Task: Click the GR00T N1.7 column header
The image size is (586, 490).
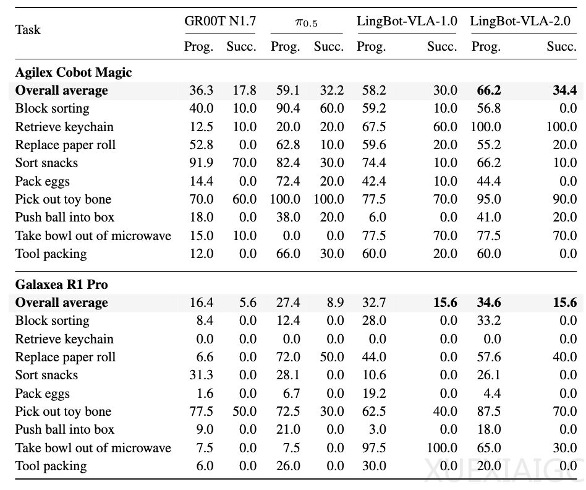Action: pyautogui.click(x=220, y=20)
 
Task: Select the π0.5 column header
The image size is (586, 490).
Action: pyautogui.click(x=307, y=22)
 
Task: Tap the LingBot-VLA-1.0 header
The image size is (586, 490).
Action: pyautogui.click(x=407, y=21)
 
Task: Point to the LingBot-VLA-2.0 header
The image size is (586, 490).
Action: pyautogui.click(x=520, y=21)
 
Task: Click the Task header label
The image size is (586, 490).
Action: pyautogui.click(x=28, y=30)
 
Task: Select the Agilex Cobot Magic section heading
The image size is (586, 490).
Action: pyautogui.click(x=74, y=72)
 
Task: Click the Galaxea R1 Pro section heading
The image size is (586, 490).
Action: pyautogui.click(x=62, y=284)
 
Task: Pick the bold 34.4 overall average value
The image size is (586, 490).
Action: pyautogui.click(x=565, y=90)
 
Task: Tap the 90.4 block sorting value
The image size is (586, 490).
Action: pyautogui.click(x=288, y=108)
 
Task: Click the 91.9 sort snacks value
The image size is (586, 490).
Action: pyautogui.click(x=202, y=163)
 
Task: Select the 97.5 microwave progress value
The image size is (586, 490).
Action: pyautogui.click(x=374, y=448)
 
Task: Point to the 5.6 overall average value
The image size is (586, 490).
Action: pyautogui.click(x=248, y=303)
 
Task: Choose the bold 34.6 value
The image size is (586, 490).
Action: pyautogui.click(x=489, y=303)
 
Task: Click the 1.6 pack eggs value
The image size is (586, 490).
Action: pyautogui.click(x=205, y=393)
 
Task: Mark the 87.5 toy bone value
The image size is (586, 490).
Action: pyautogui.click(x=489, y=411)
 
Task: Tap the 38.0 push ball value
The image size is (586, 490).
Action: pyautogui.click(x=288, y=217)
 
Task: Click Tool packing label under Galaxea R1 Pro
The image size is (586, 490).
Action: pyautogui.click(x=51, y=466)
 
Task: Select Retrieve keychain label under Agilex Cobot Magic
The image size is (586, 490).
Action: pyautogui.click(x=64, y=127)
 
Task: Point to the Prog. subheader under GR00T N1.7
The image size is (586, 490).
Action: pyautogui.click(x=199, y=47)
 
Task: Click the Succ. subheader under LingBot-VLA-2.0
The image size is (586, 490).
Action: pyautogui.click(x=562, y=46)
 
